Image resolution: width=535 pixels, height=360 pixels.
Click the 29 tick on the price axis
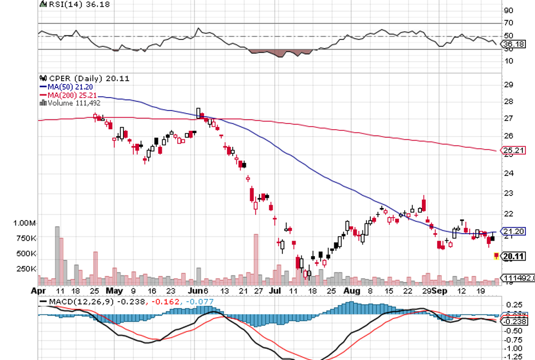point(508,84)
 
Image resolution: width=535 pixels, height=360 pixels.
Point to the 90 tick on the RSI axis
point(508,10)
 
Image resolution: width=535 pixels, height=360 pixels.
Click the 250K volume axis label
point(26,269)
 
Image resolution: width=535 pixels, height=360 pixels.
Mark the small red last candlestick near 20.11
point(496,257)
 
